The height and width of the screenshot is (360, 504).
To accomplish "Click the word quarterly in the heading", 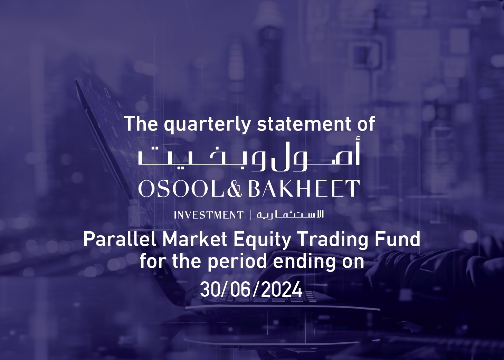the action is click(x=207, y=124).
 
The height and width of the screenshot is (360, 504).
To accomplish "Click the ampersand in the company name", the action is click(x=234, y=189).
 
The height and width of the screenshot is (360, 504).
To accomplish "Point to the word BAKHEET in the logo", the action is click(x=304, y=189).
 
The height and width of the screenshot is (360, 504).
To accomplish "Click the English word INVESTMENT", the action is click(x=209, y=215).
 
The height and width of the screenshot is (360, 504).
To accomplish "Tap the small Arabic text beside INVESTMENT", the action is click(x=290, y=215).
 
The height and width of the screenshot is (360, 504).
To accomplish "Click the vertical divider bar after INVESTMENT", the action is click(x=250, y=215).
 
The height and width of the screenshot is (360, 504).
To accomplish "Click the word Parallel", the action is click(x=120, y=239).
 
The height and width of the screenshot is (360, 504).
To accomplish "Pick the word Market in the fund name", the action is click(x=195, y=239).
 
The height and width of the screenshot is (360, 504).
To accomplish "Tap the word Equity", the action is click(x=262, y=240).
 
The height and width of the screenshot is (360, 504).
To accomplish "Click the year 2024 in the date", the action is click(x=282, y=290).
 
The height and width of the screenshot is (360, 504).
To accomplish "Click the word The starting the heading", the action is click(x=141, y=124).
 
